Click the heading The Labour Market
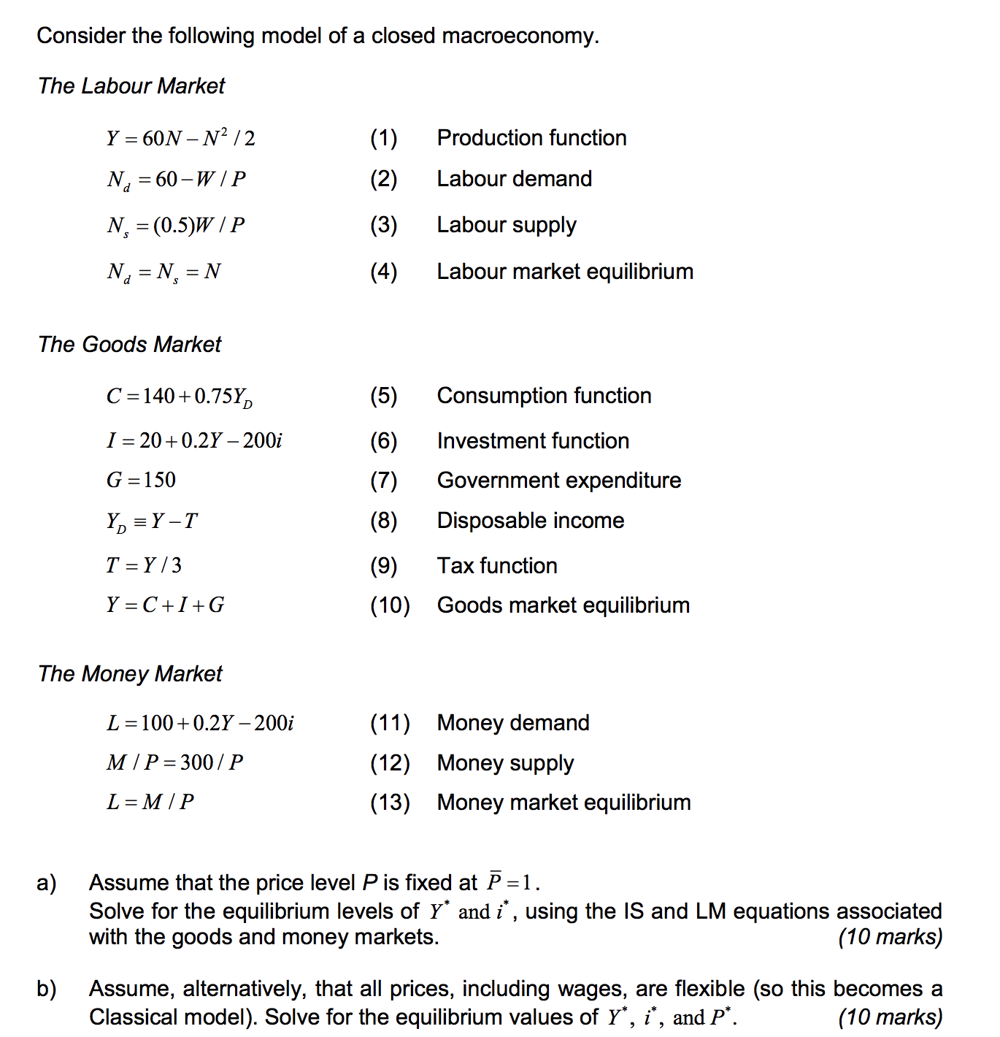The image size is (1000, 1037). (x=131, y=86)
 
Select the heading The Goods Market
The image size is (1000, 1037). (x=129, y=344)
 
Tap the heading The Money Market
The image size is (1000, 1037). (x=130, y=673)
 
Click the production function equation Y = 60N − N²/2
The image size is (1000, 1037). (x=180, y=138)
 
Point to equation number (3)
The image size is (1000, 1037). (x=383, y=225)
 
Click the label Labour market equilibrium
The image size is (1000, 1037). (x=564, y=272)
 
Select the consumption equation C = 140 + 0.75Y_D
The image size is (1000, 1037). (x=180, y=397)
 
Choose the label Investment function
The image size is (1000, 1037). (x=533, y=441)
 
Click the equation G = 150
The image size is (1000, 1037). (x=141, y=481)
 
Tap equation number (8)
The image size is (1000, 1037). (x=383, y=521)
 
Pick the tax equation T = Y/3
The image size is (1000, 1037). (x=144, y=565)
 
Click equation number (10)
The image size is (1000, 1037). (x=390, y=605)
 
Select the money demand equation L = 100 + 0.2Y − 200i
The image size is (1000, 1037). (x=200, y=723)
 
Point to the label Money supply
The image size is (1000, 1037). (x=505, y=763)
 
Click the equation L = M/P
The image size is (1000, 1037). (x=150, y=802)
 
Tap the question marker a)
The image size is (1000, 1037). (x=47, y=883)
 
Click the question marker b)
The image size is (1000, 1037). (x=47, y=989)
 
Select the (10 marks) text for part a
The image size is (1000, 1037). (x=890, y=937)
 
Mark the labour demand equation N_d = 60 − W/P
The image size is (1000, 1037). (x=176, y=180)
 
